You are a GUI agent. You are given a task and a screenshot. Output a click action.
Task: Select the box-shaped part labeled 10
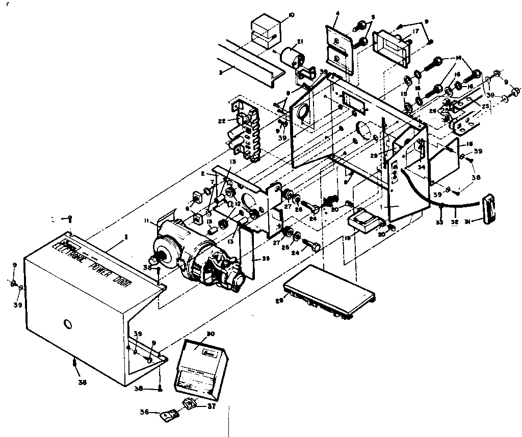pyautogui.click(x=266, y=31)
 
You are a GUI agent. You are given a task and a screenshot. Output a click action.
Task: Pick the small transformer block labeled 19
pyautogui.click(x=364, y=220)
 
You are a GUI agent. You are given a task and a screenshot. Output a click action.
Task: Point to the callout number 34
pyautogui.click(x=421, y=167)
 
